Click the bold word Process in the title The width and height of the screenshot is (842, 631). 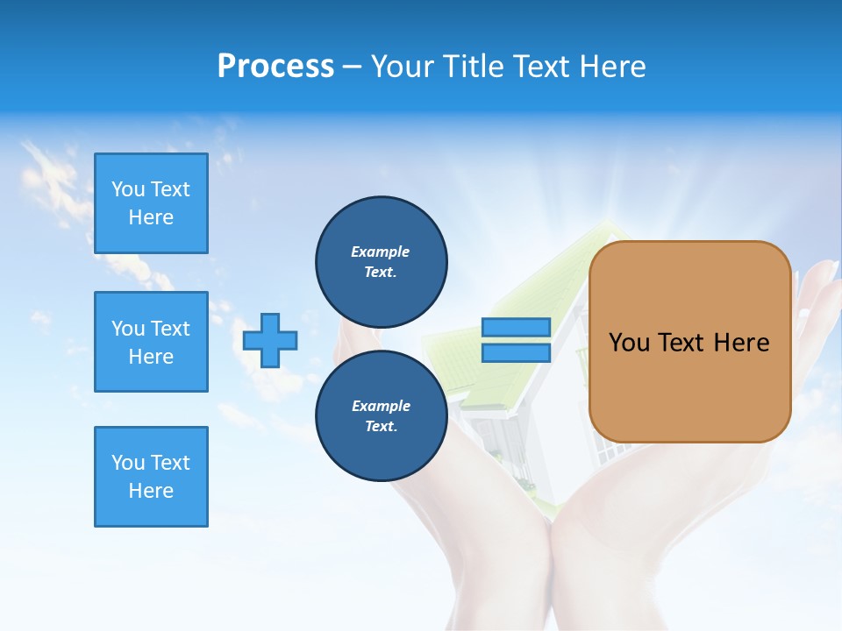pyautogui.click(x=275, y=67)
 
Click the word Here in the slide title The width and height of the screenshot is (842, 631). pyautogui.click(x=610, y=67)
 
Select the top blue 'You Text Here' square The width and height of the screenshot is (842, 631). pyautogui.click(x=151, y=203)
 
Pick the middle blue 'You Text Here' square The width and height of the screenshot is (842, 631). pyautogui.click(x=151, y=342)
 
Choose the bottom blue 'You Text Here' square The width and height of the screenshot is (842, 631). pyautogui.click(x=151, y=477)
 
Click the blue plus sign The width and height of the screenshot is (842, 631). pyautogui.click(x=269, y=341)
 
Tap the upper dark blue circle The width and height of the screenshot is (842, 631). pyautogui.click(x=381, y=261)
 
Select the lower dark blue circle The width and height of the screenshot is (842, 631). pyautogui.click(x=381, y=415)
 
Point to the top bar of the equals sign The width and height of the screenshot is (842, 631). pyautogui.click(x=516, y=328)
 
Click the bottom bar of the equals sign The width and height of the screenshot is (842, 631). pyautogui.click(x=516, y=352)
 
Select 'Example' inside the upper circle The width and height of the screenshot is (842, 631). pyautogui.click(x=380, y=252)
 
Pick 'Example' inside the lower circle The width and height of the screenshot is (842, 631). pyautogui.click(x=381, y=406)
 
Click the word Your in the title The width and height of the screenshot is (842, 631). pyautogui.click(x=404, y=67)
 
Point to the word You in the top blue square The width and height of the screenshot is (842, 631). pyautogui.click(x=128, y=189)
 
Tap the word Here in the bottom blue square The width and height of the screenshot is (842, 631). pyautogui.click(x=151, y=491)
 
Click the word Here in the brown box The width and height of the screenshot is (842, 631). pyautogui.click(x=741, y=343)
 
